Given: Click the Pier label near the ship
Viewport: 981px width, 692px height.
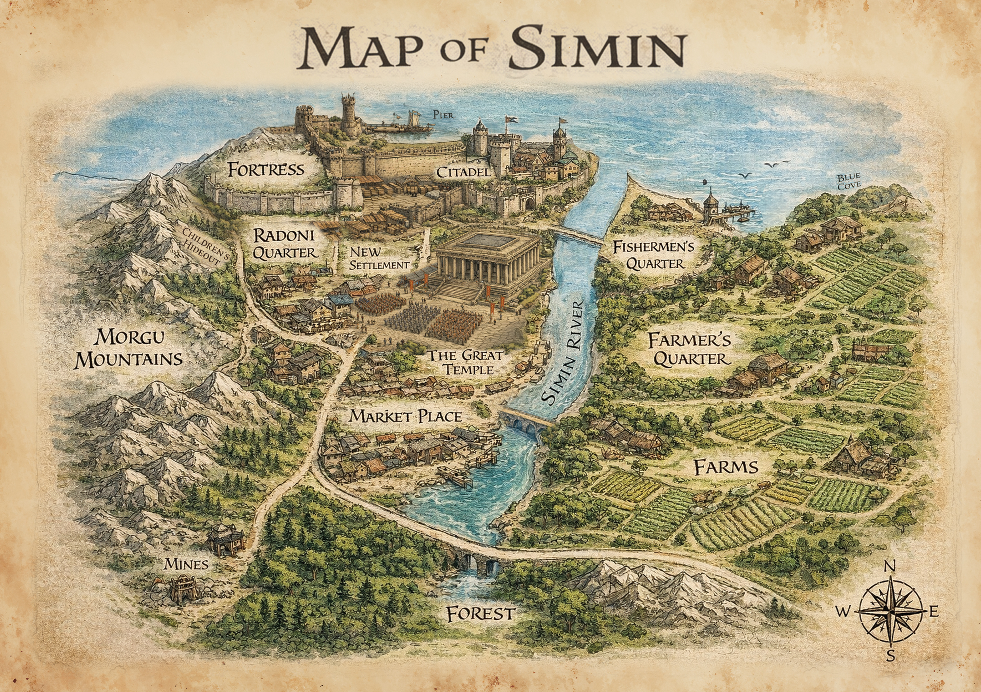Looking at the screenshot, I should (x=443, y=115).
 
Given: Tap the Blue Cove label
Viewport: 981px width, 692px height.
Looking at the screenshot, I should (x=849, y=182).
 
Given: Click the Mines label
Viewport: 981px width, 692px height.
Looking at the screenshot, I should (x=186, y=565).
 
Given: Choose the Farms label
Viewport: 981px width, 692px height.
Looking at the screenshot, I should (x=726, y=467).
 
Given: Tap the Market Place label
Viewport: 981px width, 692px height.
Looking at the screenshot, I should (x=405, y=416).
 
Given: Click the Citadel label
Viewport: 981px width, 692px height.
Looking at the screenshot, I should (x=463, y=172).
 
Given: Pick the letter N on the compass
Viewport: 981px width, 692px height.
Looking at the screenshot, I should (x=890, y=567).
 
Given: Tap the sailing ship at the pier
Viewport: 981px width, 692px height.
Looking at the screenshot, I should (x=414, y=121).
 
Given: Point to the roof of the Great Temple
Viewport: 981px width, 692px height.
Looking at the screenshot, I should (x=487, y=243).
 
